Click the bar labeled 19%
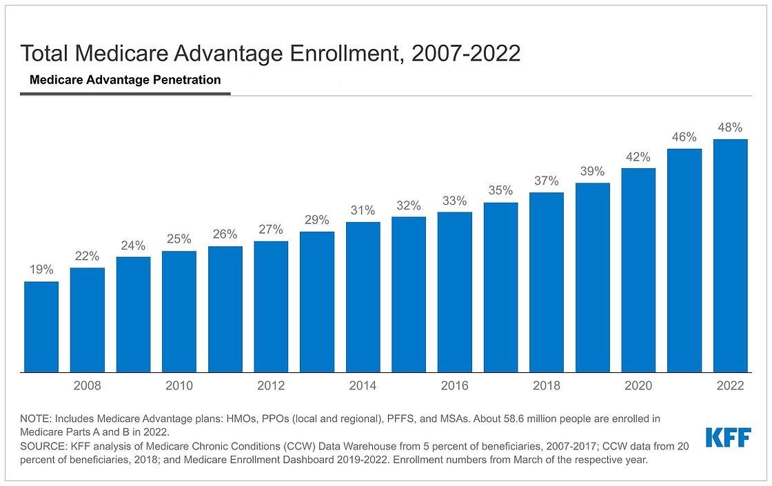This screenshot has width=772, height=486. click(41, 327)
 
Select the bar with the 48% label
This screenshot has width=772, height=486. click(730, 256)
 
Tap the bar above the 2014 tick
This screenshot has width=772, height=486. click(363, 297)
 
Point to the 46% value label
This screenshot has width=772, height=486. click(684, 137)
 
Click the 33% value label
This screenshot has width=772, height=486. click(454, 201)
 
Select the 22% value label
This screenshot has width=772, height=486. click(87, 256)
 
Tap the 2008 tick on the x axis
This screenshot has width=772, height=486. click(87, 386)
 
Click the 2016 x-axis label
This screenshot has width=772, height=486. click(454, 386)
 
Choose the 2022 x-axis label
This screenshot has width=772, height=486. click(730, 386)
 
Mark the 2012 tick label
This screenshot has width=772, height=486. click(271, 386)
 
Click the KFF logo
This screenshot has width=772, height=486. click(727, 438)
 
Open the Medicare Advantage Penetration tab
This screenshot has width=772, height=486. click(125, 80)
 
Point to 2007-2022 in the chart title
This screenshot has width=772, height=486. click(465, 53)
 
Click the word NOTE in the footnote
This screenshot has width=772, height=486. click(35, 418)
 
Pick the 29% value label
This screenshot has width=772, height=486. click(317, 220)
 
